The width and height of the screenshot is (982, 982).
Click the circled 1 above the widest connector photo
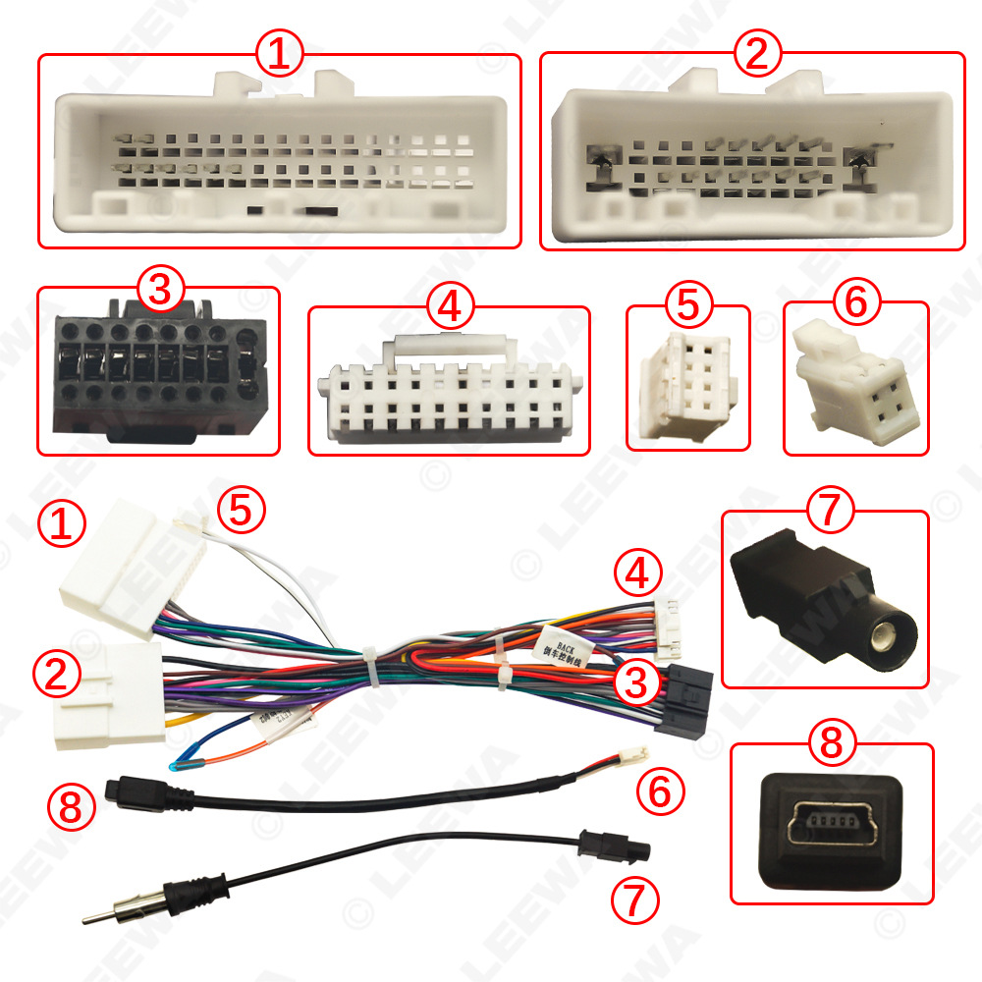pyautogui.click(x=280, y=55)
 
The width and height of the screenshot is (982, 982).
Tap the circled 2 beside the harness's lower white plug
pyautogui.click(x=56, y=675)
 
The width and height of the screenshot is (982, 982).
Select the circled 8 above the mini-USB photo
pyautogui.click(x=831, y=743)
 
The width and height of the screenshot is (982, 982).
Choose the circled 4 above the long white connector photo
pyautogui.click(x=449, y=307)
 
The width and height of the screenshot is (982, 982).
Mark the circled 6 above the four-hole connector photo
pyautogui.click(x=855, y=302)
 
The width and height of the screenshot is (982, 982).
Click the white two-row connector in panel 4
pyautogui.click(x=448, y=398)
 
